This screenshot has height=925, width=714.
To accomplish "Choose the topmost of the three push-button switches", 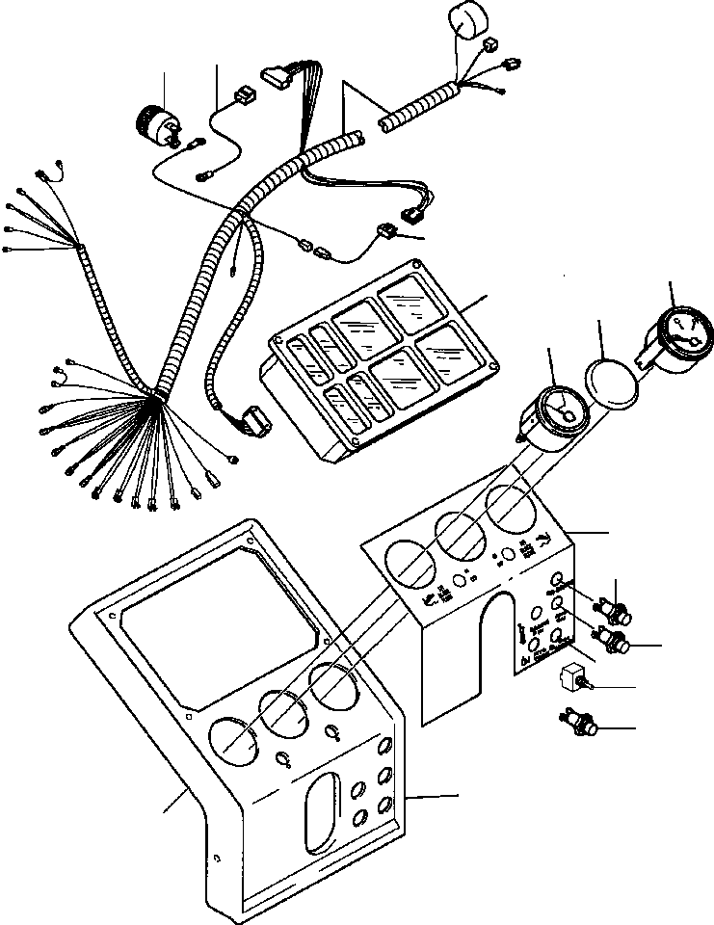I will click(x=614, y=609).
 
